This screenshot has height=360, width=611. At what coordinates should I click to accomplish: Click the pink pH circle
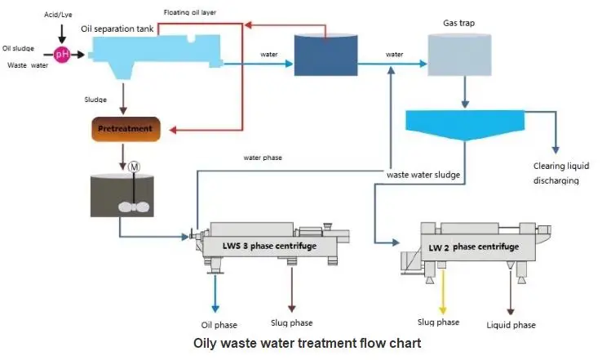click(62, 55)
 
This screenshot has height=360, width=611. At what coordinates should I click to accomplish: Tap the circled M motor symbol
click(135, 167)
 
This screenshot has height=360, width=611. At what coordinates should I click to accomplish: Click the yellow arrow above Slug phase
click(443, 296)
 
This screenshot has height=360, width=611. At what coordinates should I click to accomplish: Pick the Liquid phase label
click(511, 325)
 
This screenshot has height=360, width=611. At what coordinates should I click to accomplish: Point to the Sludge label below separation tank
click(95, 100)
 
